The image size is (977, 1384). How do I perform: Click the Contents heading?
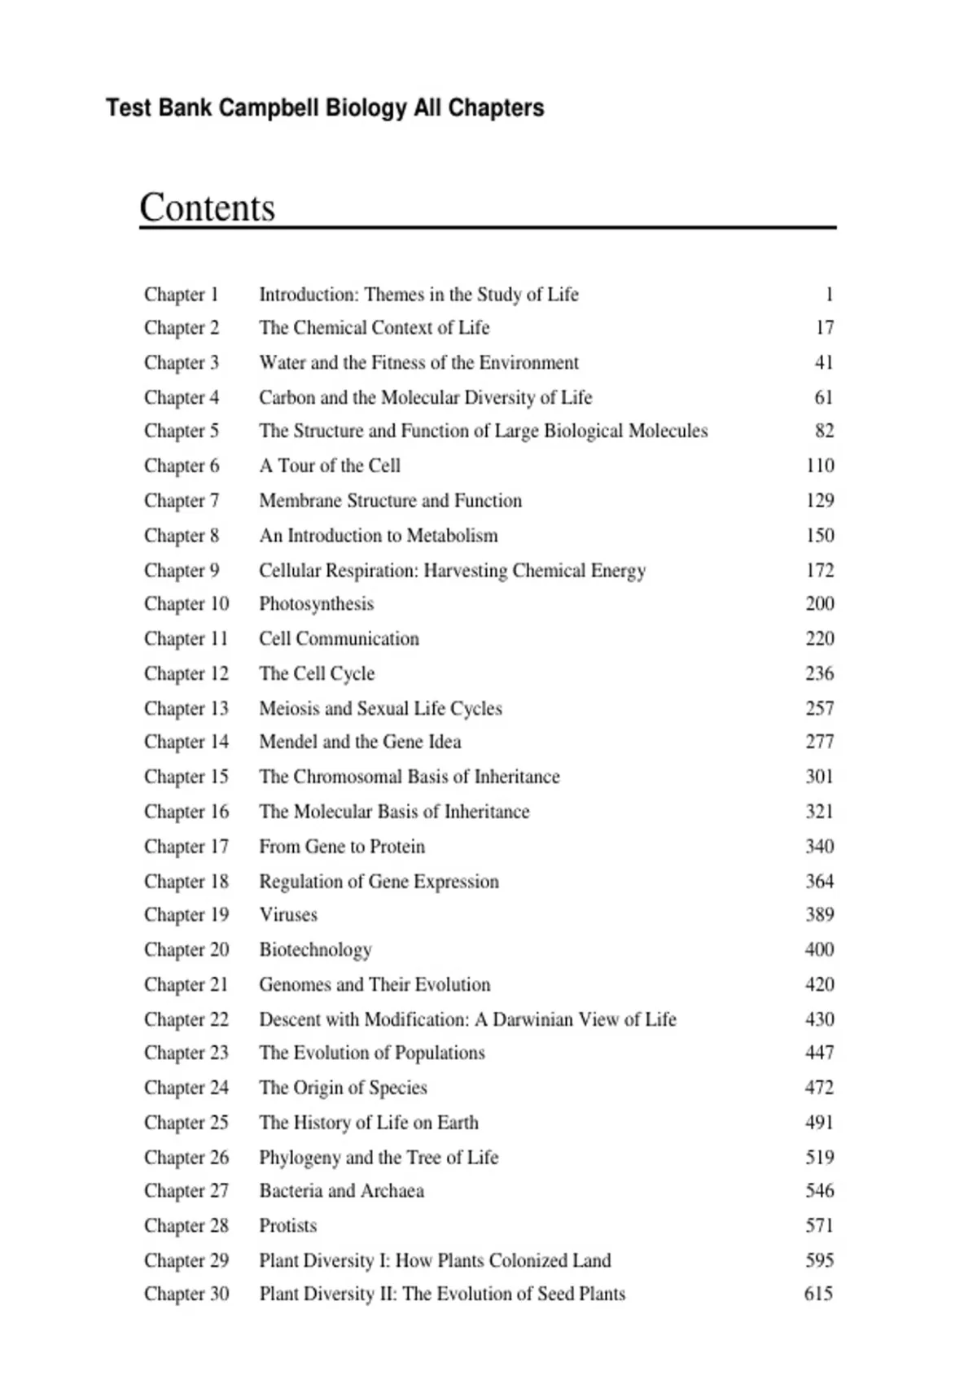click(207, 208)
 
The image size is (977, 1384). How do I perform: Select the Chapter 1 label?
click(182, 294)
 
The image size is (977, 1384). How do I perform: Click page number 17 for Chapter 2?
click(824, 327)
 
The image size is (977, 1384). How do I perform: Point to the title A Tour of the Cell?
click(330, 466)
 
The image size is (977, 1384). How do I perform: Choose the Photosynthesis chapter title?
click(316, 604)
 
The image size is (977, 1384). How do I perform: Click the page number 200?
click(819, 604)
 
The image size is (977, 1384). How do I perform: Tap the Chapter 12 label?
click(186, 673)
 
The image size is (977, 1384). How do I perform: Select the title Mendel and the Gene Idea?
click(360, 742)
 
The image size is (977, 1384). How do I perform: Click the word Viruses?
click(288, 915)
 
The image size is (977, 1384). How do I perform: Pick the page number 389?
click(819, 915)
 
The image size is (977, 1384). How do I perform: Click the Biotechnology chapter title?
click(315, 950)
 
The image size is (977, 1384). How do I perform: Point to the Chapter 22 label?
click(186, 1019)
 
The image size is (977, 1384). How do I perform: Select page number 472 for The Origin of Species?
click(819, 1088)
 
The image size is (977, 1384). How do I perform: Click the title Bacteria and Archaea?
click(341, 1191)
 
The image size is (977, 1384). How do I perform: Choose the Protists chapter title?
click(287, 1226)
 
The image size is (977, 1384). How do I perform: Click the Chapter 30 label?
click(186, 1294)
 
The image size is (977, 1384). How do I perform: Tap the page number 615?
click(818, 1294)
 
